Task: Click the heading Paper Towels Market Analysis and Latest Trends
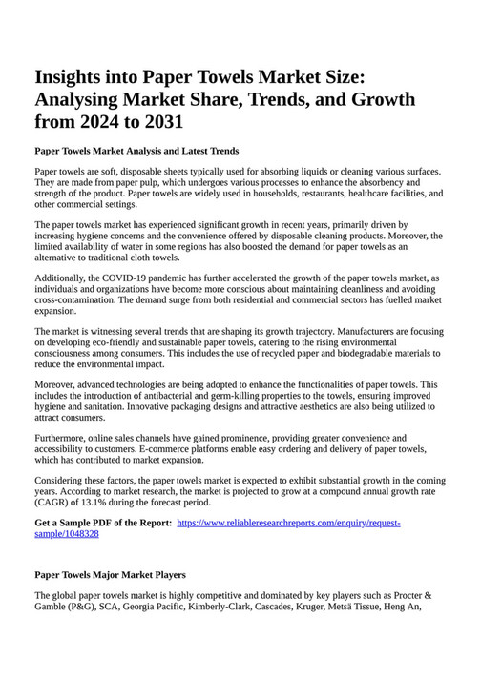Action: pyautogui.click(x=136, y=151)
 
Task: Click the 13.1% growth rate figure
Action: pyautogui.click(x=123, y=502)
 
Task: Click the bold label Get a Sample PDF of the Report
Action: pyautogui.click(x=103, y=524)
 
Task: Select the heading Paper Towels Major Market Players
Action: pyautogui.click(x=110, y=575)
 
